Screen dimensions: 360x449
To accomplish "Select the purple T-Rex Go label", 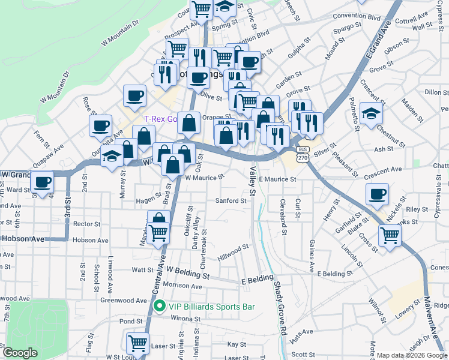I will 161,119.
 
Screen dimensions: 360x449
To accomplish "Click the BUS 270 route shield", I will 303,154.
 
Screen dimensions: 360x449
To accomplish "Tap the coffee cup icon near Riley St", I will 378,193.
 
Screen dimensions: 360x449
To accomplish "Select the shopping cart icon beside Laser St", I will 137,343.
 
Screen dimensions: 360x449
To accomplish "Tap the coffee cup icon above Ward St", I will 43,181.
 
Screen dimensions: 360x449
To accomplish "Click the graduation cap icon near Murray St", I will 112,156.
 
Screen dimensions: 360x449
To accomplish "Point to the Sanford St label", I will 231,201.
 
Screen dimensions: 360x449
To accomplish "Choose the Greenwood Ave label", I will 124,300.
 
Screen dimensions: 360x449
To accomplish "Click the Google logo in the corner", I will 20,353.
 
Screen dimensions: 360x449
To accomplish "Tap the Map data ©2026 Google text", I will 412,355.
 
